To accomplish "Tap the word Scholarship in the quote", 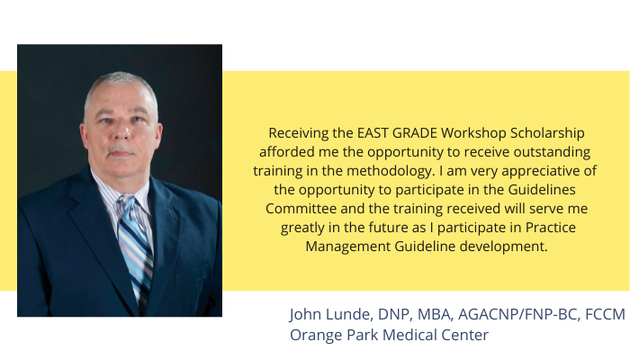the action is click(547, 133).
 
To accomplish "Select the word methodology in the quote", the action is click(391, 171).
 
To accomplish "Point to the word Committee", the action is click(301, 209).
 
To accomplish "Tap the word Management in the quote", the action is click(347, 247).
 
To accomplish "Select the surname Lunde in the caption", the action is click(349, 314).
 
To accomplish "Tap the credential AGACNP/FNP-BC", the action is click(519, 314).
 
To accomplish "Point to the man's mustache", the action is click(121, 149).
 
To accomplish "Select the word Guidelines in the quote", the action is click(542, 190).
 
